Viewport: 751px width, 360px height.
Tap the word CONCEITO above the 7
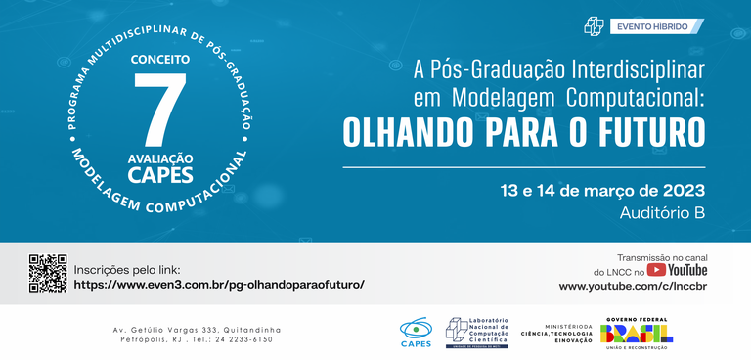point(161,60)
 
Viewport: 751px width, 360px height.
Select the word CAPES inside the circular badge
point(161,175)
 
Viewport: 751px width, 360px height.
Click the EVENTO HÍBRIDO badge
point(650,26)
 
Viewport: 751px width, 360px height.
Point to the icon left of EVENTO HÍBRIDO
point(594,26)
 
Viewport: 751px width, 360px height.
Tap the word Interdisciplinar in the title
point(611,71)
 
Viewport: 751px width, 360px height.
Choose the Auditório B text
point(662,212)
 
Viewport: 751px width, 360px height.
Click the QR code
point(48,273)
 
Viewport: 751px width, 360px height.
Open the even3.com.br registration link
point(219,284)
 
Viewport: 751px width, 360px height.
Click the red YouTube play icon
point(656,269)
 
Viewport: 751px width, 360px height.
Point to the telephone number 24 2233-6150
point(243,339)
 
